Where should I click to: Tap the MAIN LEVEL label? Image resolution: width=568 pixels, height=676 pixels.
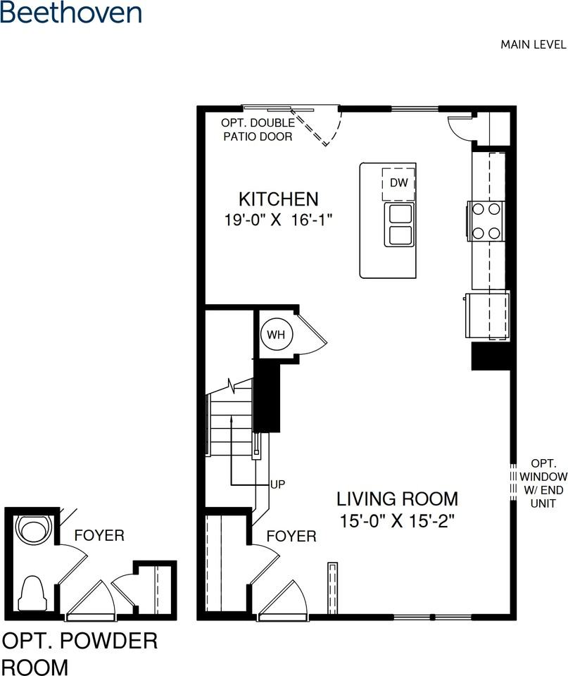[533, 44]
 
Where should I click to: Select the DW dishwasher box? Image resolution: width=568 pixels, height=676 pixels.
[398, 183]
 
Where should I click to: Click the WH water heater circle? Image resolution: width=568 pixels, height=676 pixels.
[275, 335]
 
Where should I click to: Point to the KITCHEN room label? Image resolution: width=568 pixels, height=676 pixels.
[278, 199]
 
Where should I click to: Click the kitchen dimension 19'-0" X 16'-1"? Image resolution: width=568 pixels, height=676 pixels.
[278, 220]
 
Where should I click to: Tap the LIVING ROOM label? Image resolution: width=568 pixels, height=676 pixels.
[396, 499]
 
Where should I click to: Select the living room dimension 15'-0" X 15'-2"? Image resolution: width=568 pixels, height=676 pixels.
[396, 522]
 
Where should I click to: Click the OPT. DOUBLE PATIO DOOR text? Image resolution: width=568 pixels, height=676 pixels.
[258, 130]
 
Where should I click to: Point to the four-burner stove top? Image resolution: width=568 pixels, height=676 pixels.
[485, 220]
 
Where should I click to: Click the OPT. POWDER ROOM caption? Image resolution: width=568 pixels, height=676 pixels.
[80, 653]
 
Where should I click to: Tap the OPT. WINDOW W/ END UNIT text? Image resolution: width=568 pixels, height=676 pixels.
[543, 484]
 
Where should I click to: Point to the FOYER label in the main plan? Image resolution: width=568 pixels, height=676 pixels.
[291, 537]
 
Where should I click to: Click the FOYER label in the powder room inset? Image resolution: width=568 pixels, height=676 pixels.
[99, 536]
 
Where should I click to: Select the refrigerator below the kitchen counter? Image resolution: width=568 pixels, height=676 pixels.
[486, 315]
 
